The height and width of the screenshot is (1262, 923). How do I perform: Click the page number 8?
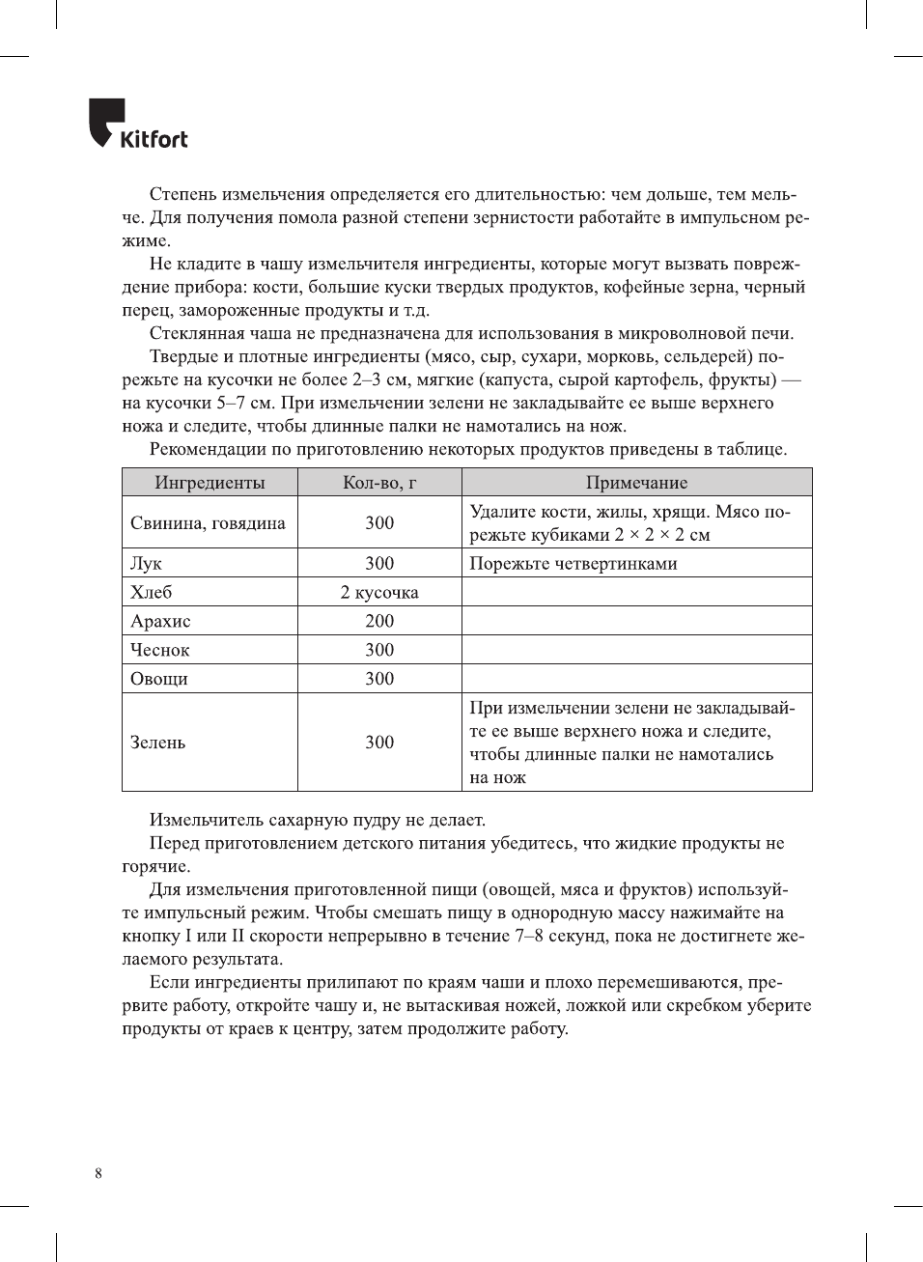98,1173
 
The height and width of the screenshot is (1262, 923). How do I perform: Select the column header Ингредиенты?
210,483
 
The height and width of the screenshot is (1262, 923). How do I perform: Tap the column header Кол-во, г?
379,483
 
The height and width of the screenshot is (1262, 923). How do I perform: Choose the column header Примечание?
636,483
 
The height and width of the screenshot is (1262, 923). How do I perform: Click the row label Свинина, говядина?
208,523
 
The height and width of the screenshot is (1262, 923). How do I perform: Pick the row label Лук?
147,563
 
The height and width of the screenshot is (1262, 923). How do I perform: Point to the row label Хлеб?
152,592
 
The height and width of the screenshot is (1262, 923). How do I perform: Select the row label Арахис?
160,621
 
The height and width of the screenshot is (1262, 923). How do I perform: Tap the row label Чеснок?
160,650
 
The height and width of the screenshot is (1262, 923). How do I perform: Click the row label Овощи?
159,679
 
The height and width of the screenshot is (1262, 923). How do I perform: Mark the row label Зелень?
158,743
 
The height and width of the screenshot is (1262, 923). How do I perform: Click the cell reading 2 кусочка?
379,592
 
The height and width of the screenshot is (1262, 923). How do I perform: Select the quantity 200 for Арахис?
379,621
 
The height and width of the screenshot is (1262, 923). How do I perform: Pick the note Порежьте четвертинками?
573,563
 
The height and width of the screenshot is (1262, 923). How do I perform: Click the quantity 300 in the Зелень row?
379,743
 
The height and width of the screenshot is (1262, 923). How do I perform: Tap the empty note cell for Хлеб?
636,592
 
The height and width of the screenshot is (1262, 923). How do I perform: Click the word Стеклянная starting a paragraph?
196,334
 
